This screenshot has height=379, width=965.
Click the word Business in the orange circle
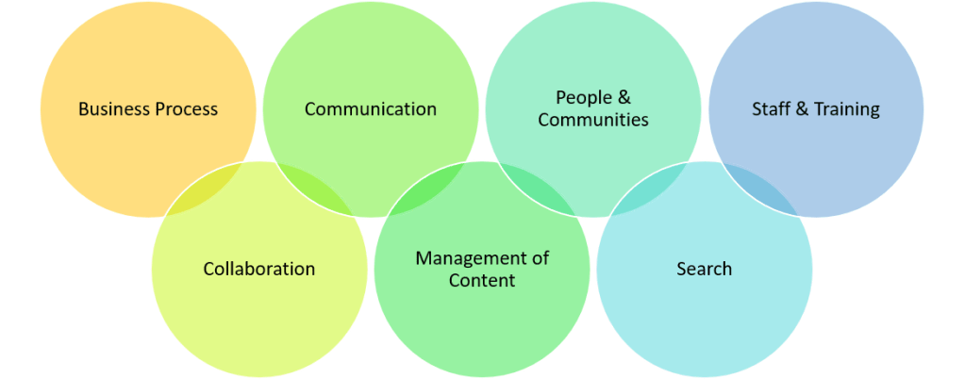pos(112,109)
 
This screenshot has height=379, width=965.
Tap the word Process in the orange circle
pos(184,109)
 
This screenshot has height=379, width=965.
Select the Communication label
pos(370,109)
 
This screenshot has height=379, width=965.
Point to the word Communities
pos(592,120)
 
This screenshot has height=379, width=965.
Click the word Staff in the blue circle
pos(772,109)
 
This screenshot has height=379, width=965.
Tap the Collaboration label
pos(258,270)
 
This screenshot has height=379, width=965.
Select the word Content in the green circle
pos(481,280)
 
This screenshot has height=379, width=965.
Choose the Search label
pos(704,270)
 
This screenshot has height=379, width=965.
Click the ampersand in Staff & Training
pos(802,109)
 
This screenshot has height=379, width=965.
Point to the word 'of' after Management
pos(540,258)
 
